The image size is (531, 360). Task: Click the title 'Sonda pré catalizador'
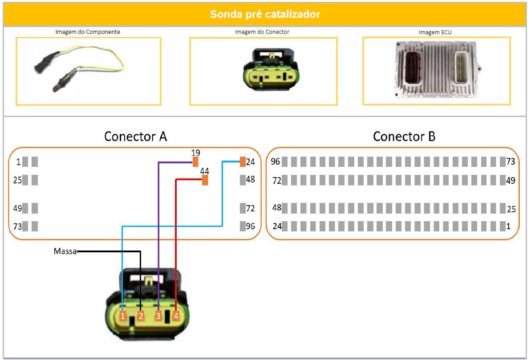click(265, 14)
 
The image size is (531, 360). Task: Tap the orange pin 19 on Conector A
click(195, 162)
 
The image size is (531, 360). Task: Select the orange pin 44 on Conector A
click(205, 180)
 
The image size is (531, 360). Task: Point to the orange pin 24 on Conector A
click(243, 162)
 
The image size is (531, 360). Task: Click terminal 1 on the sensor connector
click(123, 316)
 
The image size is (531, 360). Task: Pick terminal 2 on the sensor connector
click(141, 316)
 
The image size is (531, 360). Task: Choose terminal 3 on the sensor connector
click(158, 316)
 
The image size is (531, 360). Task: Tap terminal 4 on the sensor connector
click(176, 316)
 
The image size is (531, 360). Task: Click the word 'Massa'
click(65, 251)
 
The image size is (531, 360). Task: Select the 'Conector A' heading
click(135, 136)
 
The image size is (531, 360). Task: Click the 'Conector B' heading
click(404, 136)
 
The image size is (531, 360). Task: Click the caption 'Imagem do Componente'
click(88, 32)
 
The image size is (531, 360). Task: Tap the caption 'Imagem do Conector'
click(262, 32)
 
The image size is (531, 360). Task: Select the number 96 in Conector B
click(276, 162)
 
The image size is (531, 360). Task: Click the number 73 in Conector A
click(17, 227)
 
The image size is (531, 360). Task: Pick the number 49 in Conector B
click(511, 180)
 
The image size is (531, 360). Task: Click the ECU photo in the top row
click(436, 70)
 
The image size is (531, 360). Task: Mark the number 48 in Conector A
click(251, 180)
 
